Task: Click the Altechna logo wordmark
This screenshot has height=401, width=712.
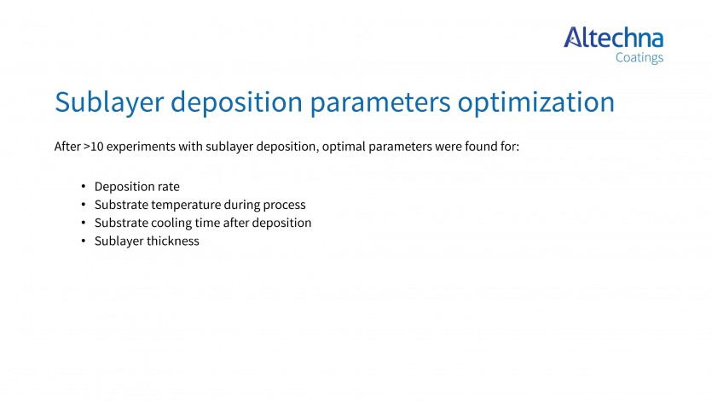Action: (613, 38)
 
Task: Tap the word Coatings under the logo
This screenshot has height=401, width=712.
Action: (640, 58)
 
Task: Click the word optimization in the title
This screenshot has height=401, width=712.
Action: (535, 102)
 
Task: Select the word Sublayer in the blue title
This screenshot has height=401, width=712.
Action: (109, 102)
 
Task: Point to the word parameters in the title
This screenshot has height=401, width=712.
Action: (380, 102)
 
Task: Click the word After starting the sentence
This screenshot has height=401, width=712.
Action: (67, 146)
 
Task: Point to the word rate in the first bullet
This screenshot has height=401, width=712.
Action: (169, 187)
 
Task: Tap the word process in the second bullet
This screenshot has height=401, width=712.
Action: (284, 206)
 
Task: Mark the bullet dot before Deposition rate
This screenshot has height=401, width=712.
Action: (83, 186)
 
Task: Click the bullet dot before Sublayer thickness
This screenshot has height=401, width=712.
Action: (83, 241)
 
